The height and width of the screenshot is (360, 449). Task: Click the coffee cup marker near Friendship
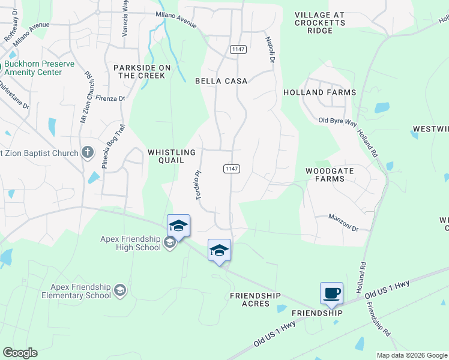pos(331,293)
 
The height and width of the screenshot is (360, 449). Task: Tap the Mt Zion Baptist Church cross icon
pos(88,152)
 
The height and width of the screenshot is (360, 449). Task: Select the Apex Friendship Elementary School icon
pos(120,291)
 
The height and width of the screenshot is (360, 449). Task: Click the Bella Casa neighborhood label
pos(221,80)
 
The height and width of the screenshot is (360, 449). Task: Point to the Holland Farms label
pos(320,92)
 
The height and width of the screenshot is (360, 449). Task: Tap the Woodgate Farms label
pos(330,175)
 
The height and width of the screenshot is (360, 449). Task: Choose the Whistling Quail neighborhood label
pos(172,156)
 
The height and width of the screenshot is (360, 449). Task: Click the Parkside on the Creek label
pos(142,71)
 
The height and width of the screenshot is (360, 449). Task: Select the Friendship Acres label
pos(255,299)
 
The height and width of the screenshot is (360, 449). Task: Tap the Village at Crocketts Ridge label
pos(321,22)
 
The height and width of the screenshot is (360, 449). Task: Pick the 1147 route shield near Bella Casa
pos(238,49)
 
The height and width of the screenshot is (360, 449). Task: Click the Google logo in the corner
pos(20,353)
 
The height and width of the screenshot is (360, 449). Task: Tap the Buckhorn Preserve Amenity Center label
pos(40,68)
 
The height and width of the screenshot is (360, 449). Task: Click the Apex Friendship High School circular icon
pos(170,242)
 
